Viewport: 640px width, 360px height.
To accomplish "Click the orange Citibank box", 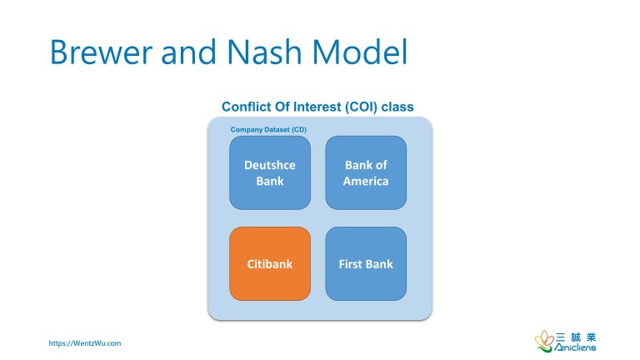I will pos(270,264).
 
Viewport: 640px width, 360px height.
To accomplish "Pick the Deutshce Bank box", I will pos(270,172).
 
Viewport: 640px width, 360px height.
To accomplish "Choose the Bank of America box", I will pos(366,172).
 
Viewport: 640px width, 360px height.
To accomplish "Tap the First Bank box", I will pos(366,264).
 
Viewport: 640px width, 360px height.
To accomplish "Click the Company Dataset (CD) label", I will pos(268,130).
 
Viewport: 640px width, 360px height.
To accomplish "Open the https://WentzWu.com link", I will pos(85,342).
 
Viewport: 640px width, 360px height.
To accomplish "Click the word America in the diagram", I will pos(366,181).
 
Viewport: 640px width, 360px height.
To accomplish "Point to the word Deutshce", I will pos(270,165).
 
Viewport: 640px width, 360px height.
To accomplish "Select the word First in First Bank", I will pos(351,264).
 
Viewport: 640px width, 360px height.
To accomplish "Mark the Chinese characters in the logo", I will pos(576,337).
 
